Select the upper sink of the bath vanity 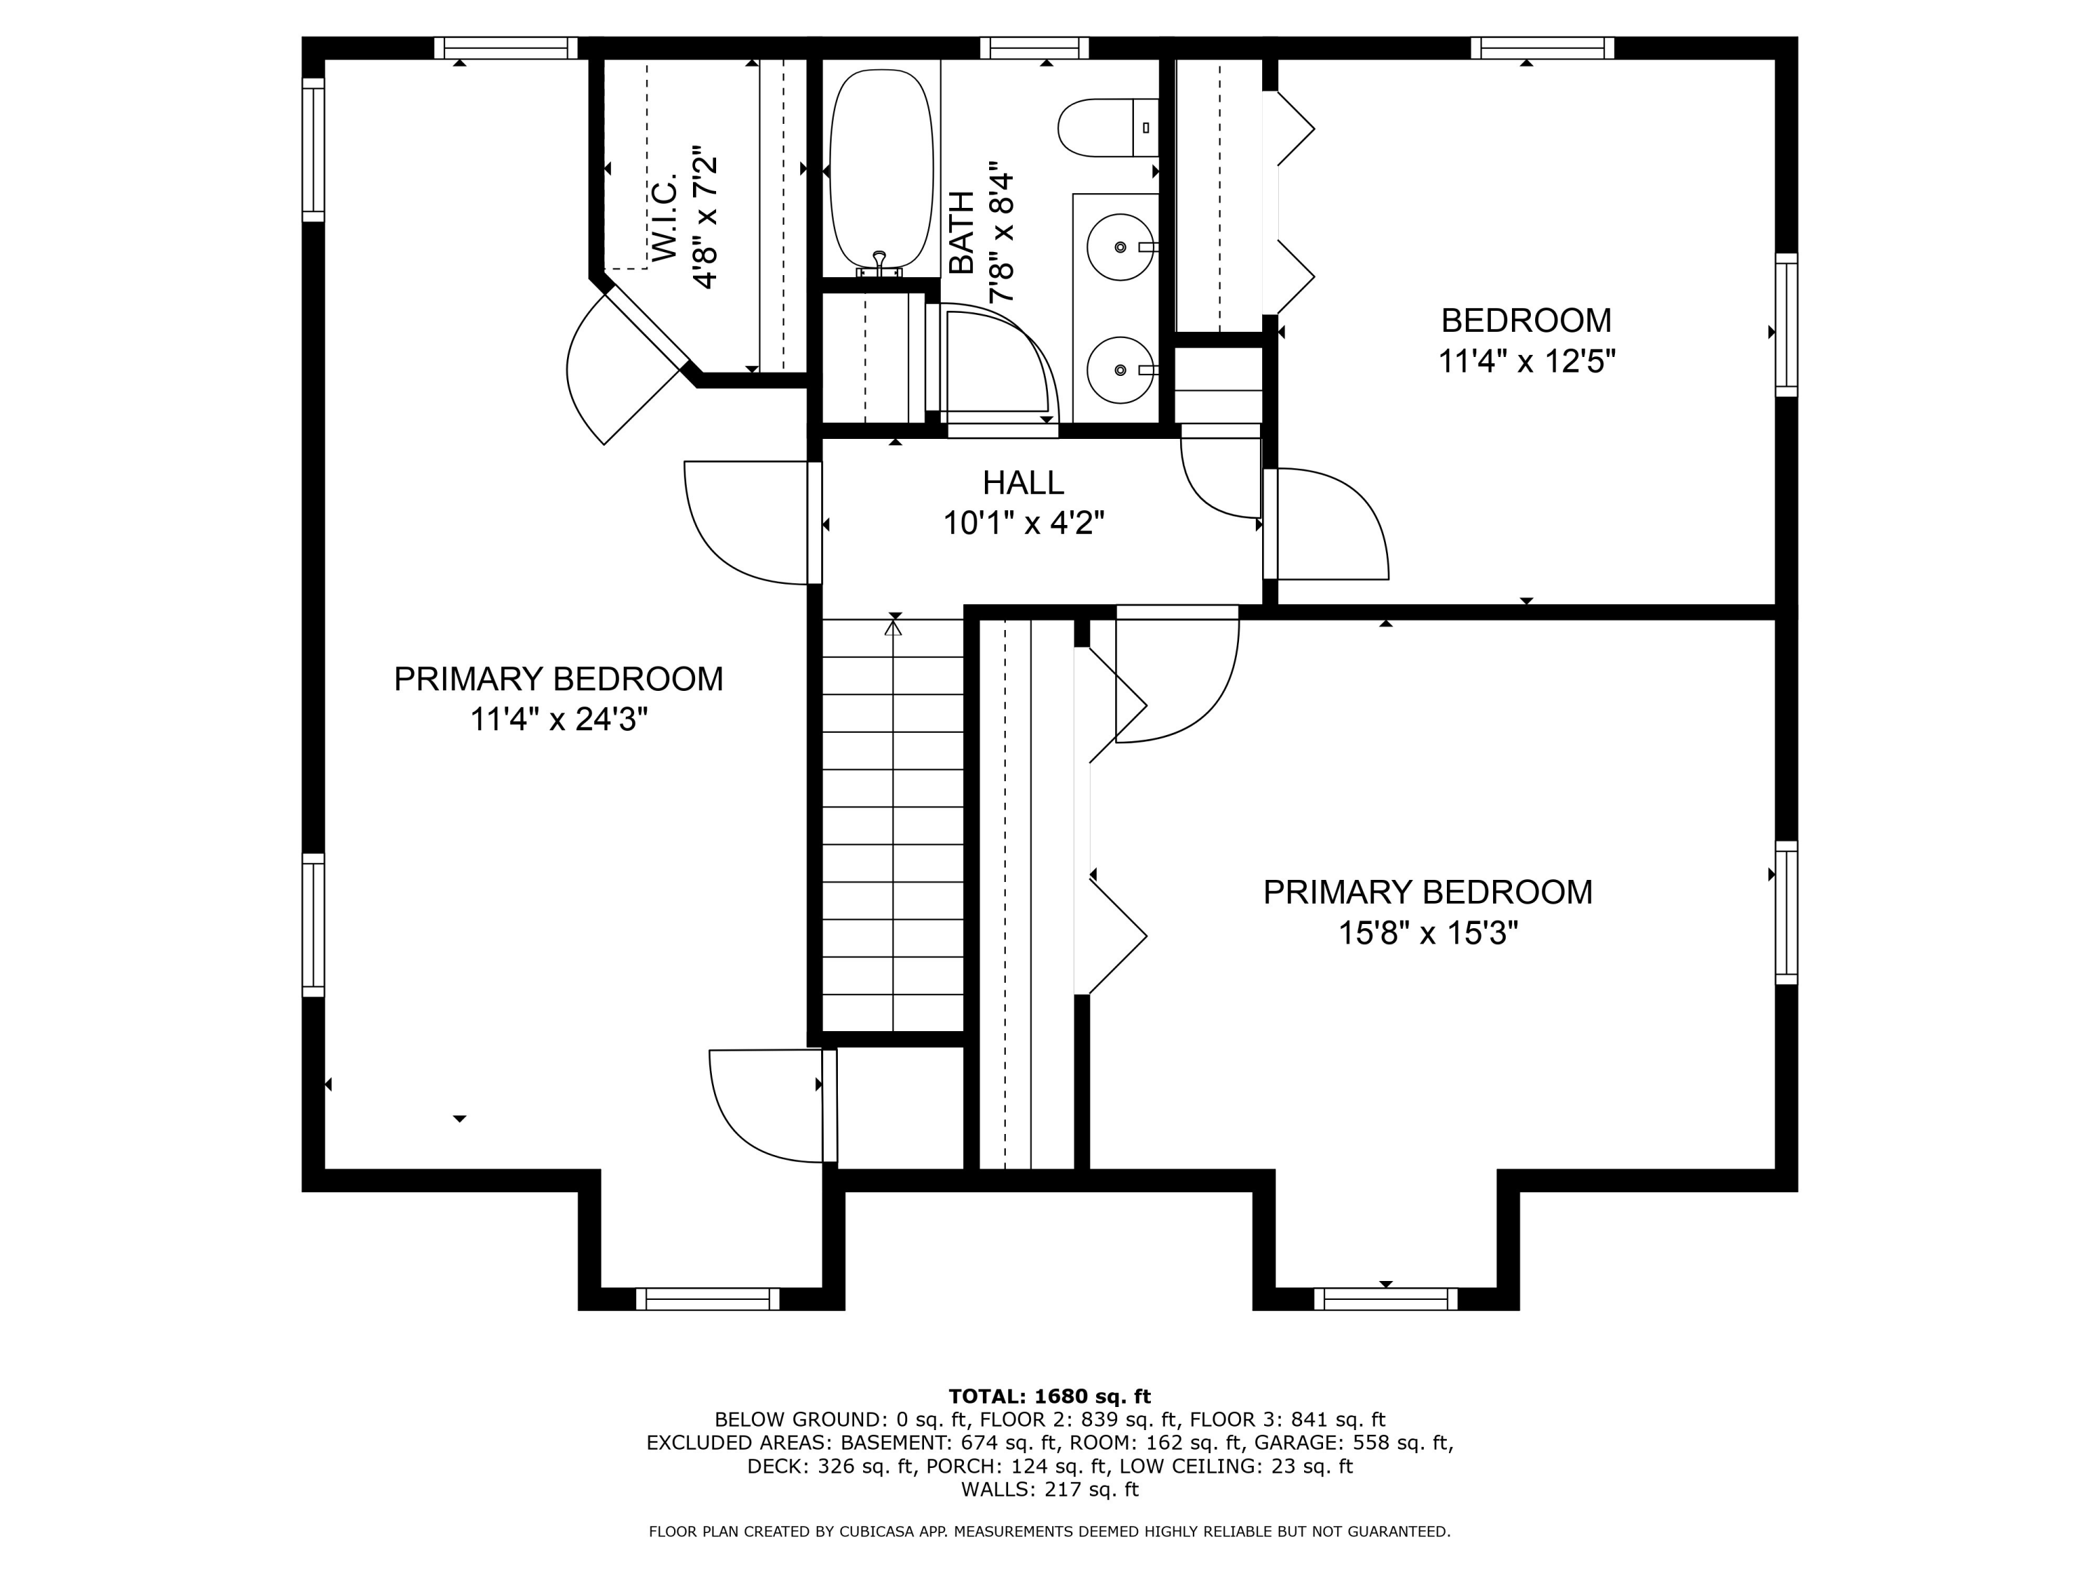[x=1120, y=247]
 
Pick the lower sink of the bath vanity [x=1120, y=370]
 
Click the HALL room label [x=1023, y=482]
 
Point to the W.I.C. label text [x=664, y=218]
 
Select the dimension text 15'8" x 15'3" [x=1428, y=933]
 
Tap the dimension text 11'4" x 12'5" [x=1525, y=362]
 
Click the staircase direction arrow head [x=893, y=626]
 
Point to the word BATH [x=962, y=232]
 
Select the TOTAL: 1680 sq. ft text [x=1049, y=1396]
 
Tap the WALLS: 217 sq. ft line [x=1049, y=1489]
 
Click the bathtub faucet [x=880, y=265]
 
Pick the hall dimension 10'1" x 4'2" [x=1023, y=522]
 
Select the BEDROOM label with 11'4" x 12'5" [x=1525, y=320]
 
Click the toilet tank [x=1146, y=127]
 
